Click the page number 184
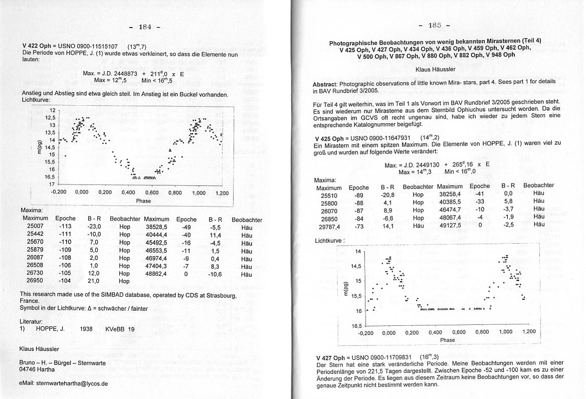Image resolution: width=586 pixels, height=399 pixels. click(144, 26)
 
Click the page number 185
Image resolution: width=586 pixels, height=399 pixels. click(435, 25)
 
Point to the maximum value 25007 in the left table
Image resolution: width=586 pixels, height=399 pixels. click(35, 226)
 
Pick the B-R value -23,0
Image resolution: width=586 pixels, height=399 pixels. click(94, 226)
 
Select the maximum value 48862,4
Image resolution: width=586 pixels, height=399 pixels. click(156, 274)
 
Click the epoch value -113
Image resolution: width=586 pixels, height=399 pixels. click(65, 226)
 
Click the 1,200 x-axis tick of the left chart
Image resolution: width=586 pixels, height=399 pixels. click(222, 192)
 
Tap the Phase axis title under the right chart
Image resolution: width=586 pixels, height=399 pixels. click(447, 340)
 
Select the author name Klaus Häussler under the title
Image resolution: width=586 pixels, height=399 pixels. click(435, 69)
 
